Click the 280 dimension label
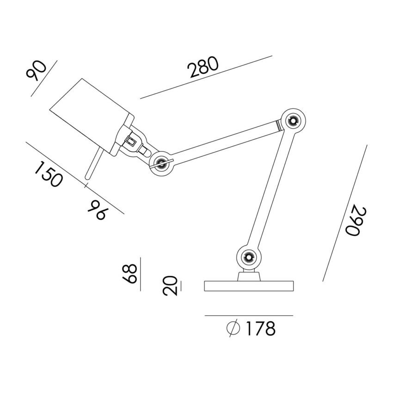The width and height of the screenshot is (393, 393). (204, 67)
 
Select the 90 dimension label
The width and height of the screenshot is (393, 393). (37, 71)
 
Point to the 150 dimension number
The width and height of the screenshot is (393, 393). (48, 174)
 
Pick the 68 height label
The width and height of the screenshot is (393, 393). (130, 273)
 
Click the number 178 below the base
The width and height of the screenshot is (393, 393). (261, 328)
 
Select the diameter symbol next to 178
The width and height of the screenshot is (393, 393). (233, 328)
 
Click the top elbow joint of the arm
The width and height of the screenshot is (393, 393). (293, 121)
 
